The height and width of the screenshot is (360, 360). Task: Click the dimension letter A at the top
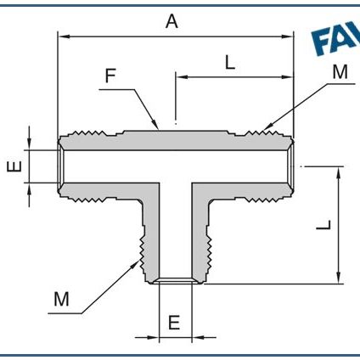[172, 23]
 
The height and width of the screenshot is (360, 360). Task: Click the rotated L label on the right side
[323, 225]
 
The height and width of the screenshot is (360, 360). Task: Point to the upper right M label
[340, 73]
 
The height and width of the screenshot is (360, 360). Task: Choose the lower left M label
[60, 299]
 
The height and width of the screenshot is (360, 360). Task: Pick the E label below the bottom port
[174, 323]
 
